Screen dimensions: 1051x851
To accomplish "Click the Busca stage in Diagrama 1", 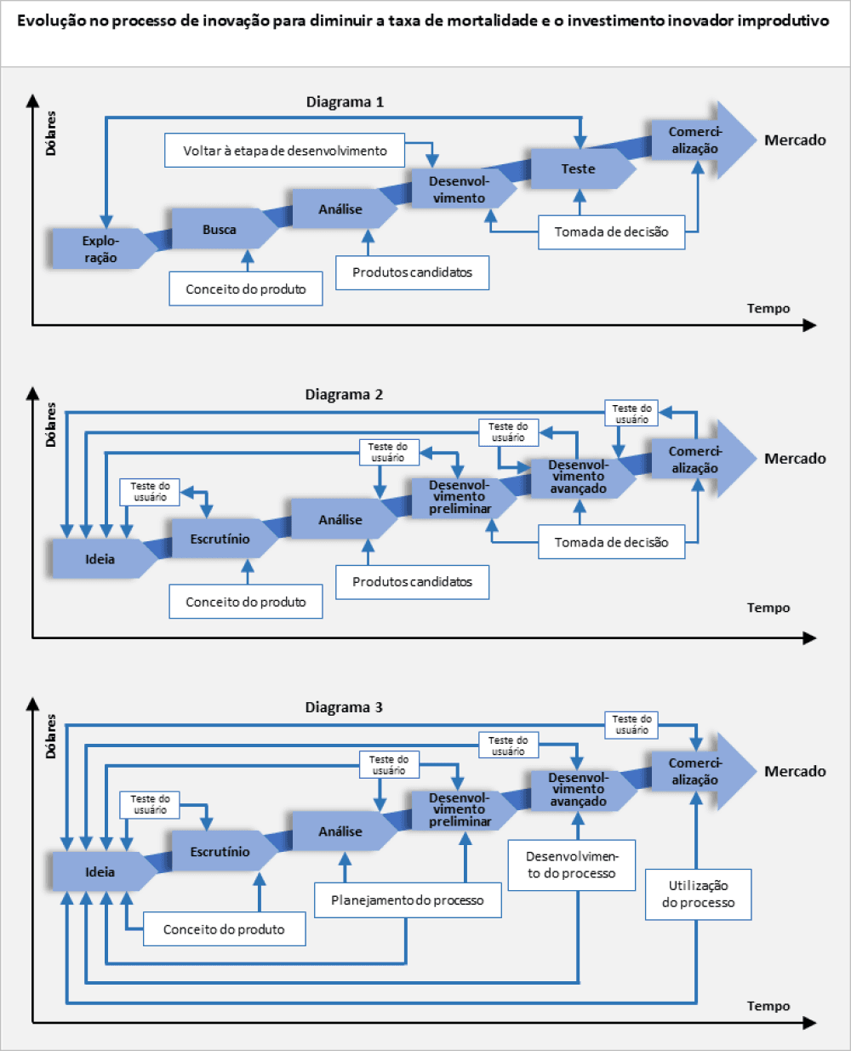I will click(x=220, y=230).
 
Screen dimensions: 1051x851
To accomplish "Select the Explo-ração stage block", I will click(x=100, y=249).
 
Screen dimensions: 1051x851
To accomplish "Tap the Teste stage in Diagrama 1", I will click(x=578, y=169).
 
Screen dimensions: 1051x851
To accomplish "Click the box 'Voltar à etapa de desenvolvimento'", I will click(x=284, y=151).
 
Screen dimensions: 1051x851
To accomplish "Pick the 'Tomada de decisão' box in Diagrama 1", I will click(x=611, y=231).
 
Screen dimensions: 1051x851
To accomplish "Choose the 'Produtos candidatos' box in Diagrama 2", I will click(x=412, y=582).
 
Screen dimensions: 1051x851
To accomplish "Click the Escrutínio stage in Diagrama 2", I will click(x=220, y=539).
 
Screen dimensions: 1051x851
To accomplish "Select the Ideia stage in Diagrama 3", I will click(x=100, y=871).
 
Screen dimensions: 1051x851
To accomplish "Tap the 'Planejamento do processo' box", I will click(x=408, y=900).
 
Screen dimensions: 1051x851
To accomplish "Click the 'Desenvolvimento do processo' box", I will click(x=571, y=865).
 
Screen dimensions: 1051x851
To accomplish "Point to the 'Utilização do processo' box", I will click(x=698, y=894).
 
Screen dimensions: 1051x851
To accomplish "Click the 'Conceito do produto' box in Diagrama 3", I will click(x=224, y=929).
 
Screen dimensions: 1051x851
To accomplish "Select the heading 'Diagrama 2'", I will click(x=344, y=395).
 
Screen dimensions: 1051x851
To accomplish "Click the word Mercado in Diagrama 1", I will click(x=795, y=140).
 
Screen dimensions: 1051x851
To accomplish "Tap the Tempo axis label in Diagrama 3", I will click(x=768, y=1006).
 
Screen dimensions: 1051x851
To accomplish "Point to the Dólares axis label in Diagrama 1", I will click(x=51, y=133).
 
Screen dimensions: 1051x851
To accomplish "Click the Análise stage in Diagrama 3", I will click(x=340, y=831).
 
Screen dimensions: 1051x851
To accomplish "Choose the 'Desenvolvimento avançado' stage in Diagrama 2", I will click(x=578, y=477).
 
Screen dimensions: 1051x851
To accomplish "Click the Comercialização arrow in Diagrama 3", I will click(x=695, y=771).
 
